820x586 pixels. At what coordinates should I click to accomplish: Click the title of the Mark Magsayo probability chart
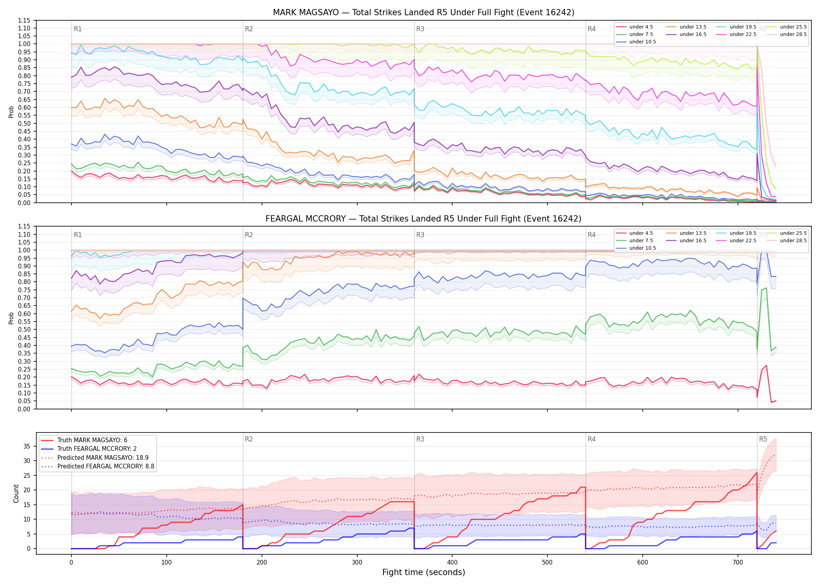(x=424, y=13)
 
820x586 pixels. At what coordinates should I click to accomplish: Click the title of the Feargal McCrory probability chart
(x=424, y=219)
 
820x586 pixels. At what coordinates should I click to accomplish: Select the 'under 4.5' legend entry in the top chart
(x=635, y=27)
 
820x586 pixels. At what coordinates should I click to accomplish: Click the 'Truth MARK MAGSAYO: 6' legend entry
(x=84, y=440)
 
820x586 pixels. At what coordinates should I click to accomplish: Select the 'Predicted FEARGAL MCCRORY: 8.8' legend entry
(x=98, y=466)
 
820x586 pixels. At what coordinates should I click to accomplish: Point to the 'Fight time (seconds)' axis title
(x=424, y=572)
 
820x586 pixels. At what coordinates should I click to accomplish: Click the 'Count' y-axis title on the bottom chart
(x=16, y=493)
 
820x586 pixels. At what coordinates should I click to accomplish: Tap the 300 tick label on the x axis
(x=357, y=563)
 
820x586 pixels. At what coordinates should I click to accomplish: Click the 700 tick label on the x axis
(x=738, y=563)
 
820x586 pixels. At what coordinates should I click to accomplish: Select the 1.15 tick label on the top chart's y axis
(x=24, y=20)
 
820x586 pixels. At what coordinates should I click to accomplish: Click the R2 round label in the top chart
(x=249, y=29)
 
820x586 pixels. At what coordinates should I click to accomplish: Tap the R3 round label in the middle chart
(x=420, y=235)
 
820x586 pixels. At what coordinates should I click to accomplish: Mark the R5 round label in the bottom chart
(x=763, y=439)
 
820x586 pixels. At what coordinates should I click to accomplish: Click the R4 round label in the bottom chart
(x=592, y=439)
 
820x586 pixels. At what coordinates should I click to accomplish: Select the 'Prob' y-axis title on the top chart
(x=11, y=112)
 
